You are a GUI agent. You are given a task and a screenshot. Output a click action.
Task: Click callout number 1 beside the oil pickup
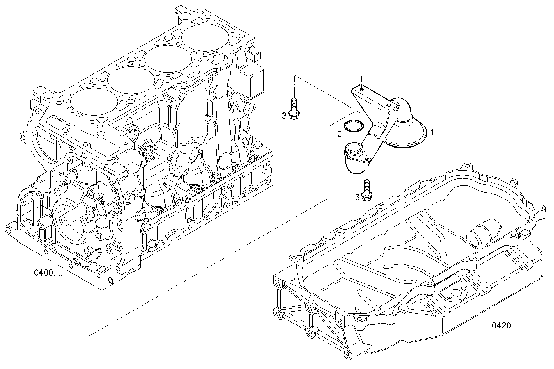click(432, 132)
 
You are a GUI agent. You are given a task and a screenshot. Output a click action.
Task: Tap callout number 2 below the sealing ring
click(340, 134)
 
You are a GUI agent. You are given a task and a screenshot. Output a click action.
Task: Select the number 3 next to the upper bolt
click(284, 115)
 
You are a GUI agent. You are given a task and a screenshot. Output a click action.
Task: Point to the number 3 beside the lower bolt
click(357, 197)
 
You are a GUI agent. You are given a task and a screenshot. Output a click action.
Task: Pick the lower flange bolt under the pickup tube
click(366, 191)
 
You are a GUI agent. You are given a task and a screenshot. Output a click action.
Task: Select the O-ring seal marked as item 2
click(354, 126)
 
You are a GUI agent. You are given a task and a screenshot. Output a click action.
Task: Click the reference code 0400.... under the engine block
click(48, 273)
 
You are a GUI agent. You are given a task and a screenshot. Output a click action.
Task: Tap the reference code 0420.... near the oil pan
click(506, 325)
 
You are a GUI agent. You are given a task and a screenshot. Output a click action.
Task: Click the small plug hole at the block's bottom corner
click(110, 280)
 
